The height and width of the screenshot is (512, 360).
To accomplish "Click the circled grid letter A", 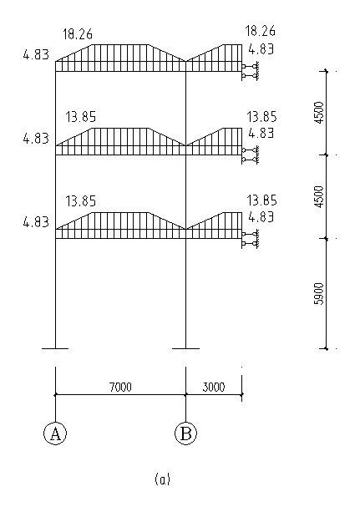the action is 55,433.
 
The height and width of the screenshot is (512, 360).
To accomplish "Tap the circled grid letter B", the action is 186,433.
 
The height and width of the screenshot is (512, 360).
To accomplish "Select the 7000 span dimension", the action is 120,388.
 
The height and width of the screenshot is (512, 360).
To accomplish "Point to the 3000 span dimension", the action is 214,388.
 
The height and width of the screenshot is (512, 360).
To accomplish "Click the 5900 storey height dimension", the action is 318,294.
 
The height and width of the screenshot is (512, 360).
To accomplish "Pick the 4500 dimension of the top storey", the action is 318,113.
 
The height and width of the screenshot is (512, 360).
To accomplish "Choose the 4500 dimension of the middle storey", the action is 318,196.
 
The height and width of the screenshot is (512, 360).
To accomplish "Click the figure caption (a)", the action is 162,479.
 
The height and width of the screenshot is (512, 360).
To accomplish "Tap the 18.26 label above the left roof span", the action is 78,34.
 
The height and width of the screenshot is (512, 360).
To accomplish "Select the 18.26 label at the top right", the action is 261,31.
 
